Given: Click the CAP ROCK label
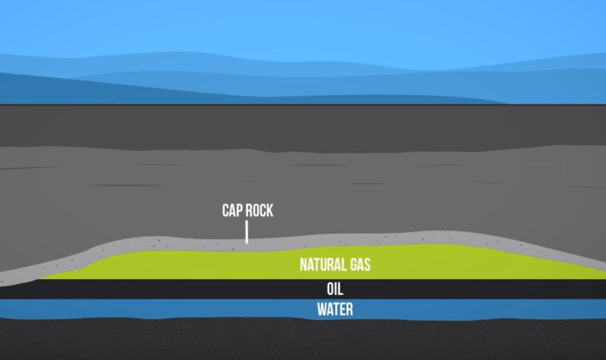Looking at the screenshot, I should [247, 211].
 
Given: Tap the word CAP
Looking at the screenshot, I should [233, 211].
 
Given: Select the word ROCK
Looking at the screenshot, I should [259, 211].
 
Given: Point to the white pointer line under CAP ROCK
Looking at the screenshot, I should [246, 232].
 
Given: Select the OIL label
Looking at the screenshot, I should [336, 289].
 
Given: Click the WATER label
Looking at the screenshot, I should [336, 309].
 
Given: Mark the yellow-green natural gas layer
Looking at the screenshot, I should [200, 264].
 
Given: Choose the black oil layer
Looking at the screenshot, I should [160, 289].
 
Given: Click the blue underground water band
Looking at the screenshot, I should [160, 309].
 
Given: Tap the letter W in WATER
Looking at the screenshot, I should [321, 309].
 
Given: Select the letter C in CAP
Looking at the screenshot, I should [226, 211].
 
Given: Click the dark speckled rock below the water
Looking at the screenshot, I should [240, 340].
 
